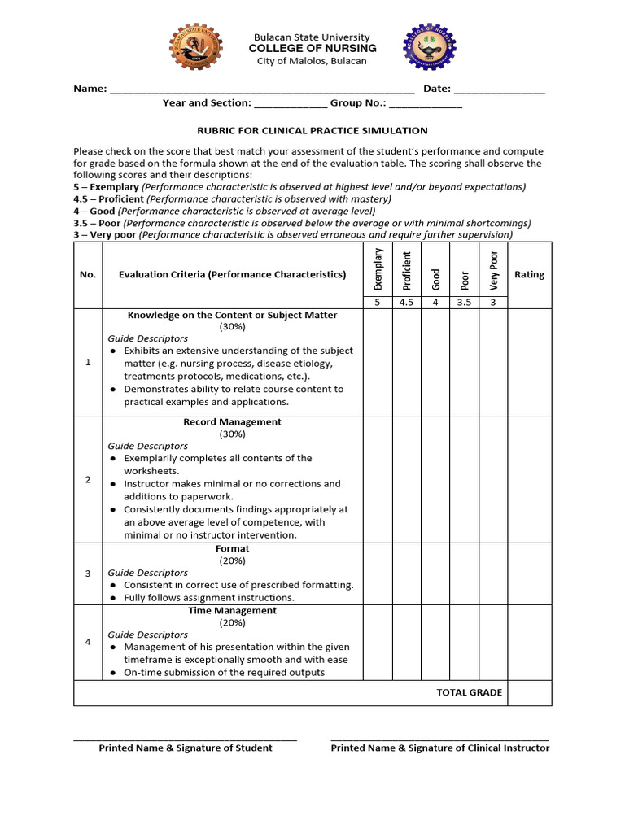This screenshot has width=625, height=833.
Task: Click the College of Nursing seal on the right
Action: pos(431,48)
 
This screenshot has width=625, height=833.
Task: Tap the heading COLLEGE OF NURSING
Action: pos(312,49)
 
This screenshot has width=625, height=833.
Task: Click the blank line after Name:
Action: pos(262,90)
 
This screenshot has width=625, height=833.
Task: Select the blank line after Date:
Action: pos(499,90)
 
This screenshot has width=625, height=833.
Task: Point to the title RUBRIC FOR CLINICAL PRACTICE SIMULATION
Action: pos(312,130)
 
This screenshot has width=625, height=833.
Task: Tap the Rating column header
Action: pos(529,274)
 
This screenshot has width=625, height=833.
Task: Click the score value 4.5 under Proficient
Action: pos(407,303)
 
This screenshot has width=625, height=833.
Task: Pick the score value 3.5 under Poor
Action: pos(464,303)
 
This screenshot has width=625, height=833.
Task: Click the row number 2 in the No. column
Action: pos(88,479)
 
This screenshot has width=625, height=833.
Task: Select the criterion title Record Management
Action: pos(232,422)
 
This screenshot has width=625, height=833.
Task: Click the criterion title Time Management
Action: pos(232,610)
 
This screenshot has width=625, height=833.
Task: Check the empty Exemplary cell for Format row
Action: pos(378,574)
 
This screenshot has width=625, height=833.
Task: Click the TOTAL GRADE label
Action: pos(470,692)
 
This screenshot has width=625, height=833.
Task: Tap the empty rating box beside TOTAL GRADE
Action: pos(529,692)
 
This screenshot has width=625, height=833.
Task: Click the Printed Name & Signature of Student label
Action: pos(186,748)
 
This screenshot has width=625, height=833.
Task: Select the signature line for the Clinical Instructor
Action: pos(439,739)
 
